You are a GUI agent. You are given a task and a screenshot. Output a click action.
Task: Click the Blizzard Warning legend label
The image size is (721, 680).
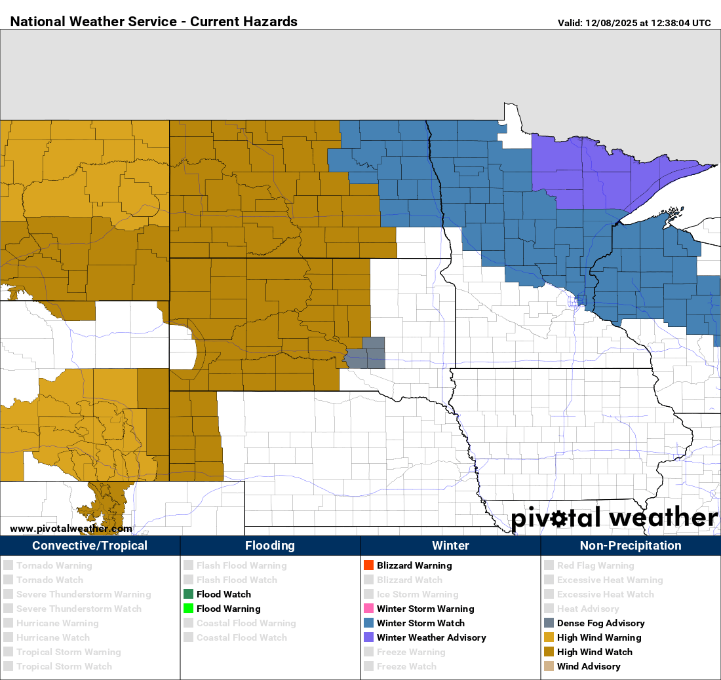(x=414, y=565)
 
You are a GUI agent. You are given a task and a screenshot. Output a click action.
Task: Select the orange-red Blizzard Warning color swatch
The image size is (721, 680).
(x=368, y=565)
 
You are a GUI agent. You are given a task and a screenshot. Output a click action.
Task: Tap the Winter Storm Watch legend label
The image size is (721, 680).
(x=420, y=623)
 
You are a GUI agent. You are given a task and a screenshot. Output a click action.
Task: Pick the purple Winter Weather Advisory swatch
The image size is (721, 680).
(x=368, y=637)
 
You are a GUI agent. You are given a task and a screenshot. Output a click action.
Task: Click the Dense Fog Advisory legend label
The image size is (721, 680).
(x=600, y=623)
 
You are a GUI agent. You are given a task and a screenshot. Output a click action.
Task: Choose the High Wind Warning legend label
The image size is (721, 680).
(x=599, y=637)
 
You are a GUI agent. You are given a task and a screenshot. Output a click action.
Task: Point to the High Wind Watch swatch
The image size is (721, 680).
(x=549, y=652)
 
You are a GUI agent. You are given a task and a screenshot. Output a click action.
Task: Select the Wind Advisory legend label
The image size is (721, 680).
(x=589, y=666)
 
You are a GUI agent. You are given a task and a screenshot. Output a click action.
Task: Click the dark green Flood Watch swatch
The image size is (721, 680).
(x=188, y=594)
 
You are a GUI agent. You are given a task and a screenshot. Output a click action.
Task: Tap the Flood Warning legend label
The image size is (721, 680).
(x=228, y=609)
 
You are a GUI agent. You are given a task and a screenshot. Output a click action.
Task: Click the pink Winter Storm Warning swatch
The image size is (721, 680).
(x=368, y=609)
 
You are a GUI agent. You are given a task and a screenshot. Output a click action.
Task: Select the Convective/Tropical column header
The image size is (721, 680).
(x=90, y=546)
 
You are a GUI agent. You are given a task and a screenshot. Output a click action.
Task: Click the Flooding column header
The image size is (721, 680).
(x=270, y=546)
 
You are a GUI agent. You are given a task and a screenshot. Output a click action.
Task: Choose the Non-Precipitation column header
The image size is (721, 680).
(x=631, y=546)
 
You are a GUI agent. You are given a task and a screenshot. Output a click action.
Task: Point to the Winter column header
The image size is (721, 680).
(x=450, y=546)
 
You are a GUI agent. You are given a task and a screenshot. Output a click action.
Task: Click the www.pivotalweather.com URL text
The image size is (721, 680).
(x=71, y=529)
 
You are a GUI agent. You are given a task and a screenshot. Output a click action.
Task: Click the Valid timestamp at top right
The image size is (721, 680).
(x=634, y=23)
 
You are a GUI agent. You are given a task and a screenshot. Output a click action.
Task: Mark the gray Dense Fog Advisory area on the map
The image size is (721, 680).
(x=367, y=354)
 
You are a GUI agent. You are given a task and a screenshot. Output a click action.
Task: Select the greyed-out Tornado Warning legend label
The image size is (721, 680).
(x=54, y=565)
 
